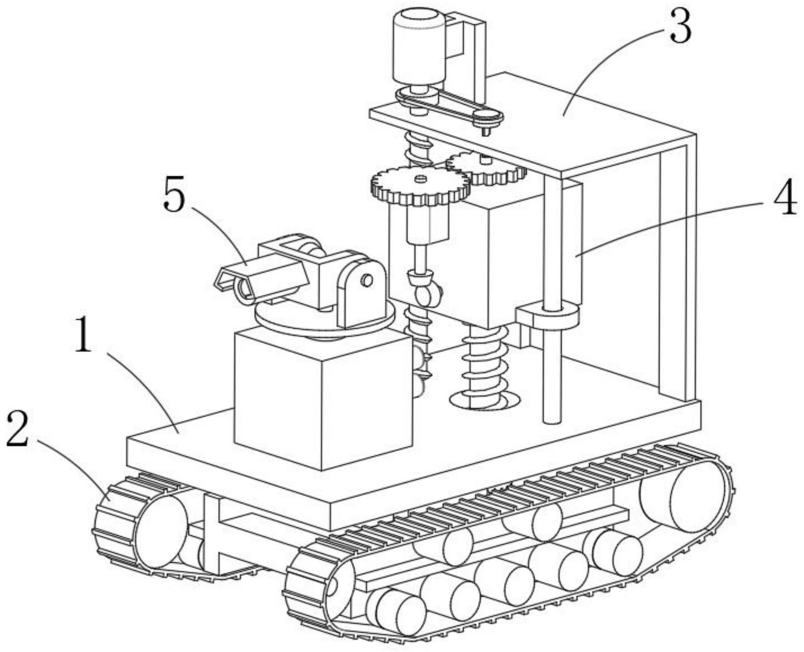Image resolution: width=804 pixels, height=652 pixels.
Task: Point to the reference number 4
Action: pyautogui.click(x=784, y=197)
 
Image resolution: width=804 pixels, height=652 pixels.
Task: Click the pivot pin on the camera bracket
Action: pyautogui.click(x=367, y=280)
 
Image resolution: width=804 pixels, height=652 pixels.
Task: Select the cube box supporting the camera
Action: pyautogui.click(x=322, y=399)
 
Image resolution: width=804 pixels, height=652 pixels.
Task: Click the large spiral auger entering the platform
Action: pyautogui.click(x=484, y=366)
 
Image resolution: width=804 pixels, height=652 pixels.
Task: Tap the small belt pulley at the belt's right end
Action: pyautogui.click(x=487, y=116)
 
